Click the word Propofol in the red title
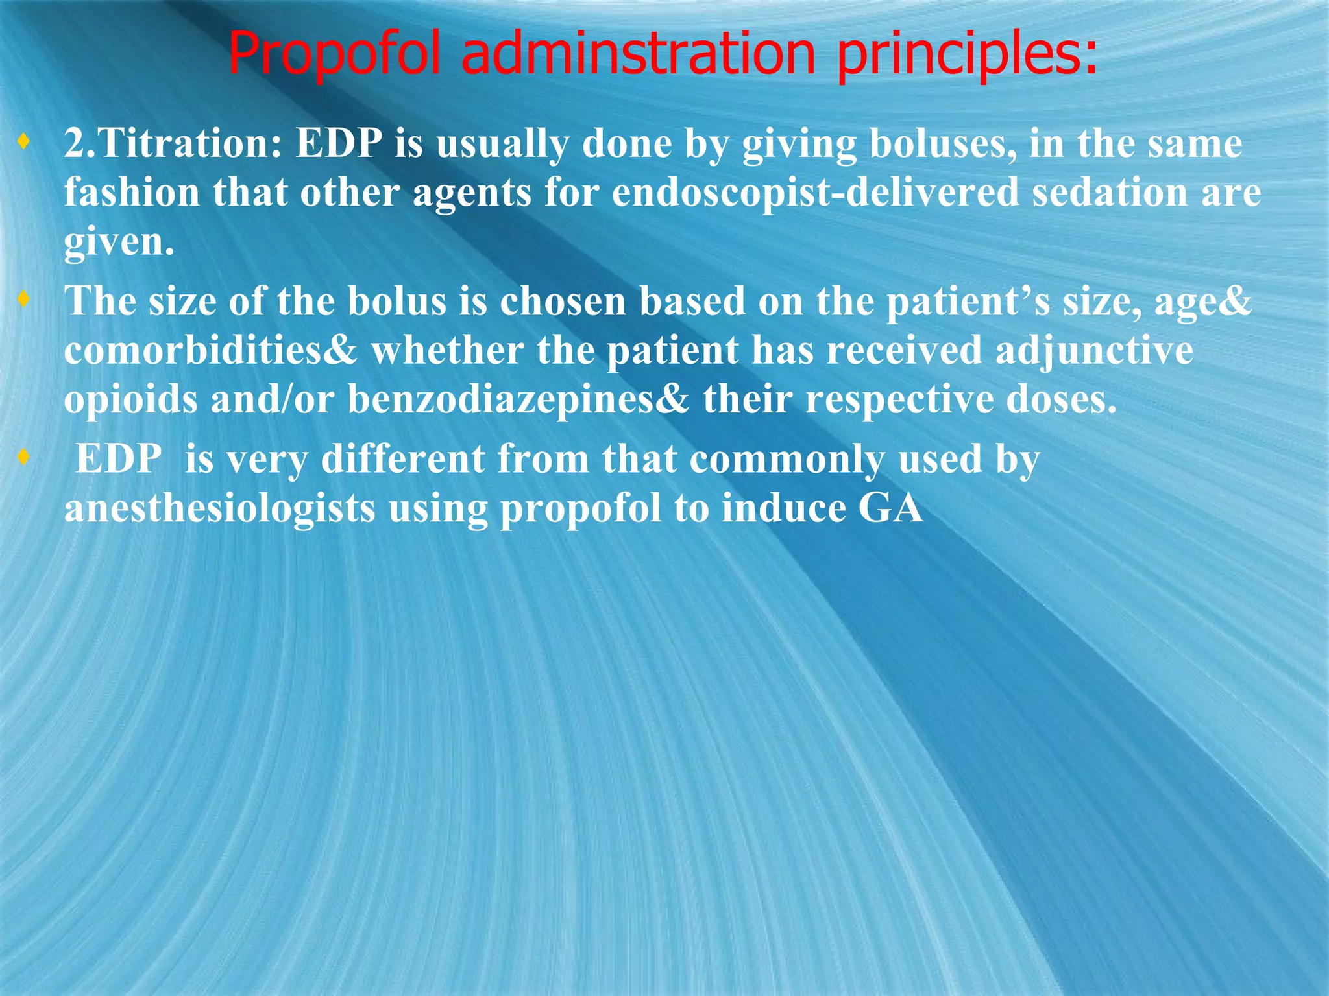pyautogui.click(x=337, y=54)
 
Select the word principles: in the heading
pyautogui.click(x=968, y=54)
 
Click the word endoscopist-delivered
pyautogui.click(x=815, y=193)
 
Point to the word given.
pyautogui.click(x=119, y=243)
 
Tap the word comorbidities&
pyautogui.click(x=210, y=351)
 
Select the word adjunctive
pyautogui.click(x=1093, y=351)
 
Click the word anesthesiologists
pyautogui.click(x=220, y=508)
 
